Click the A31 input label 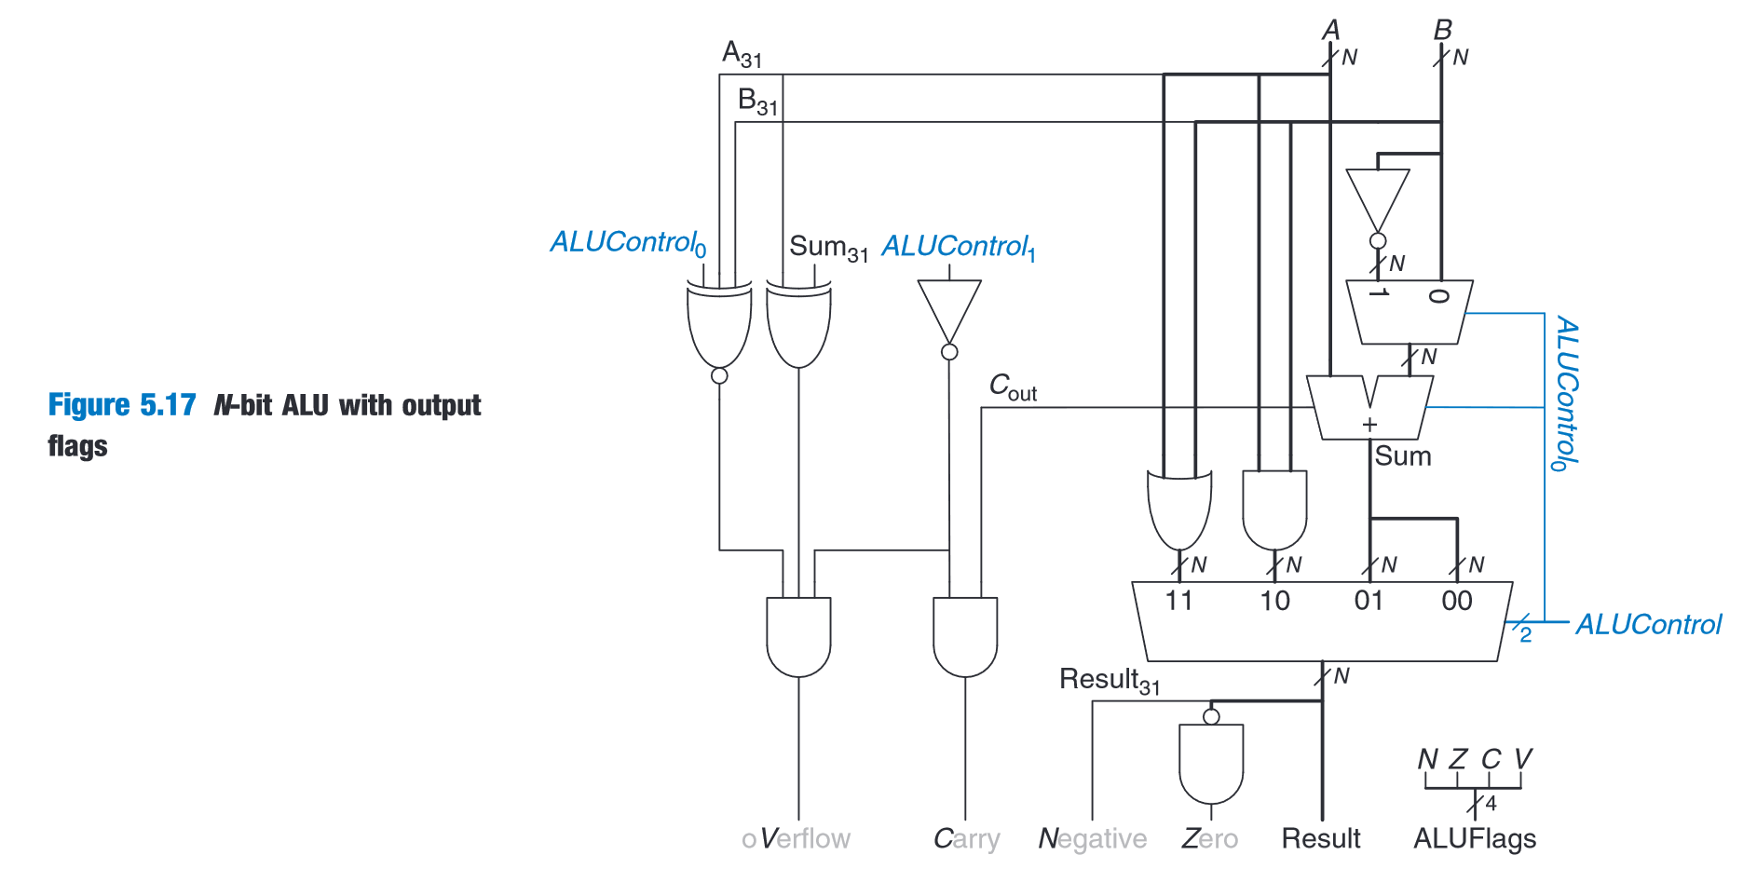(742, 54)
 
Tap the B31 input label (757, 102)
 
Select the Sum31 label (828, 248)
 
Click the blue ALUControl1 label (958, 247)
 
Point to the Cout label (1013, 387)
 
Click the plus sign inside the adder (1369, 425)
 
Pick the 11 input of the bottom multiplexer (1178, 601)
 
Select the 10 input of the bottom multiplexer (1274, 601)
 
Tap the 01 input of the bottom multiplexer (1369, 601)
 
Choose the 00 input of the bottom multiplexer (1457, 601)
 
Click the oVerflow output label (797, 839)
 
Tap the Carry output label (966, 839)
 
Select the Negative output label (1092, 839)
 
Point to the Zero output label (1209, 839)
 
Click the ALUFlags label (1474, 839)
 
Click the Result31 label (1110, 681)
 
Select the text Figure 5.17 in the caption (122, 405)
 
